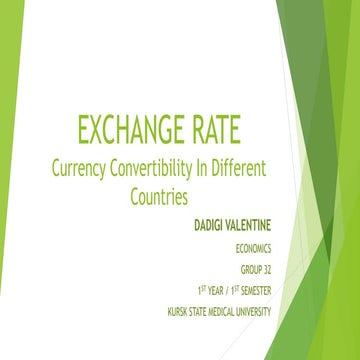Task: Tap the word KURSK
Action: coord(179,311)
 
